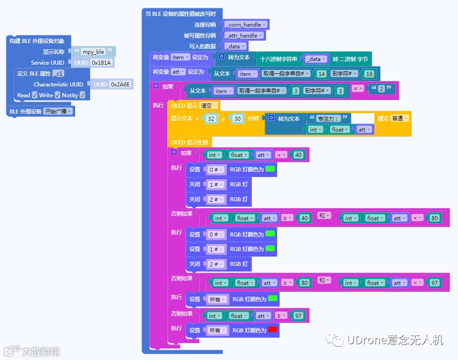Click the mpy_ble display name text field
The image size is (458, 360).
[x=93, y=52]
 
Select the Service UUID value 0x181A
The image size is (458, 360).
[x=101, y=62]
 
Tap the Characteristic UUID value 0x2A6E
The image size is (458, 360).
[x=120, y=84]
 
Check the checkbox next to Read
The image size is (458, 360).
[x=35, y=95]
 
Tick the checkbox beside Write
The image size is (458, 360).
[x=57, y=95]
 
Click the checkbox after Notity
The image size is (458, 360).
[x=82, y=95]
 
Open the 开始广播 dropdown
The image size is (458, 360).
[x=58, y=111]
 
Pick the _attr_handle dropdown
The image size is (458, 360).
[x=244, y=35]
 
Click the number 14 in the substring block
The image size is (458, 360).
[x=321, y=74]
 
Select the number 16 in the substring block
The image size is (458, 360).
[x=368, y=74]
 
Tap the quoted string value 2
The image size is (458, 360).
[x=381, y=89]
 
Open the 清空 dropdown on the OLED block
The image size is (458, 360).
[x=208, y=105]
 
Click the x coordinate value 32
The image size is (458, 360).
[x=210, y=118]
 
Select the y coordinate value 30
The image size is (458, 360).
[x=237, y=118]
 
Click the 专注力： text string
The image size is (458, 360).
[x=328, y=118]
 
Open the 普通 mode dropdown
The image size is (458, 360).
[x=400, y=118]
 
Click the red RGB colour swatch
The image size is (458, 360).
[x=273, y=330]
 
